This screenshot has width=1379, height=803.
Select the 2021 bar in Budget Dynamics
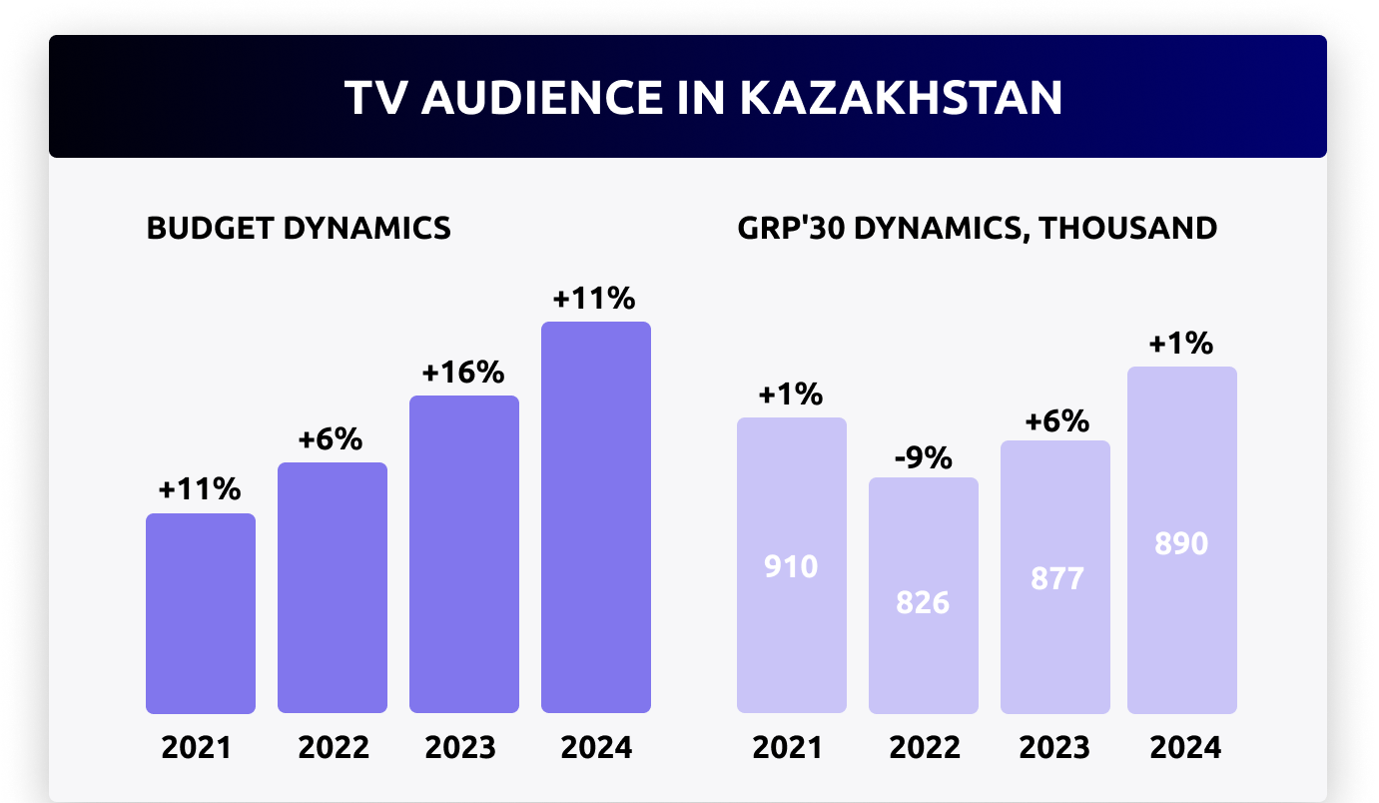tap(201, 613)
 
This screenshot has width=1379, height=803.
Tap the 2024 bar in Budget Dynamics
tap(596, 517)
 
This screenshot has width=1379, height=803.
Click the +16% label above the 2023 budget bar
tap(463, 373)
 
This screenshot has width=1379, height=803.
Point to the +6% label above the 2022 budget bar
tap(332, 439)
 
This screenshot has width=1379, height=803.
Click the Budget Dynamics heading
tap(299, 228)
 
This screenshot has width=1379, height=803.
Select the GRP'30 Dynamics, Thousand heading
tap(978, 228)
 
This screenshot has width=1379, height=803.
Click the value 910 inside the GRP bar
tap(791, 567)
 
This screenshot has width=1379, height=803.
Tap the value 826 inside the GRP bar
tap(923, 603)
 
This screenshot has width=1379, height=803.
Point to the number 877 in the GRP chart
tap(1055, 579)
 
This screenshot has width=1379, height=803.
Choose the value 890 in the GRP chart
tap(1181, 543)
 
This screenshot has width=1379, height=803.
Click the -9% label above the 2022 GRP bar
tap(923, 458)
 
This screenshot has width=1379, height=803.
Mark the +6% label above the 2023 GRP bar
tap(1056, 421)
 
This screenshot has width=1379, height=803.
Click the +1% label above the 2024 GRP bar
tap(1181, 345)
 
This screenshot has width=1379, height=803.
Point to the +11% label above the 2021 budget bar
tap(200, 490)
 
